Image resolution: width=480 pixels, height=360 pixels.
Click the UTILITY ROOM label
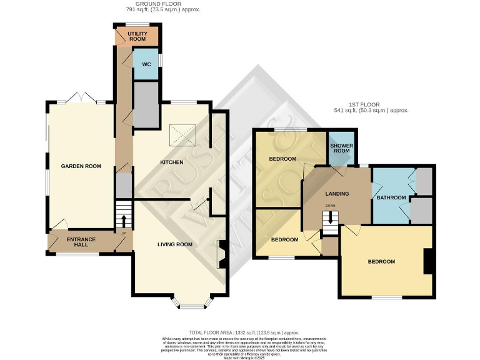tap(137, 36)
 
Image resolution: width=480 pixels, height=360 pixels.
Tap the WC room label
tap(146, 64)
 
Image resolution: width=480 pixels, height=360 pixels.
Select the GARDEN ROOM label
tap(81, 166)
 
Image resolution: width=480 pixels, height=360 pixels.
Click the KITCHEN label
tap(172, 162)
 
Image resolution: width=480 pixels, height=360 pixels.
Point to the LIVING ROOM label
tap(174, 244)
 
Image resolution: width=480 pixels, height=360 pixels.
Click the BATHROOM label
tap(391, 197)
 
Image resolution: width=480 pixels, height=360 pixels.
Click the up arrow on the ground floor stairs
tap(124, 221)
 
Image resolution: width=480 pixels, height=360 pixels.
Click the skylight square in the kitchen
tap(185, 134)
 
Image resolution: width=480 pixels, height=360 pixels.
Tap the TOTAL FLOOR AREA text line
tap(244, 332)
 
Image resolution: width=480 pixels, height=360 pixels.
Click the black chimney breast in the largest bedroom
tap(428, 261)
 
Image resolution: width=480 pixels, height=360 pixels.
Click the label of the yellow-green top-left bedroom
tap(282, 159)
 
